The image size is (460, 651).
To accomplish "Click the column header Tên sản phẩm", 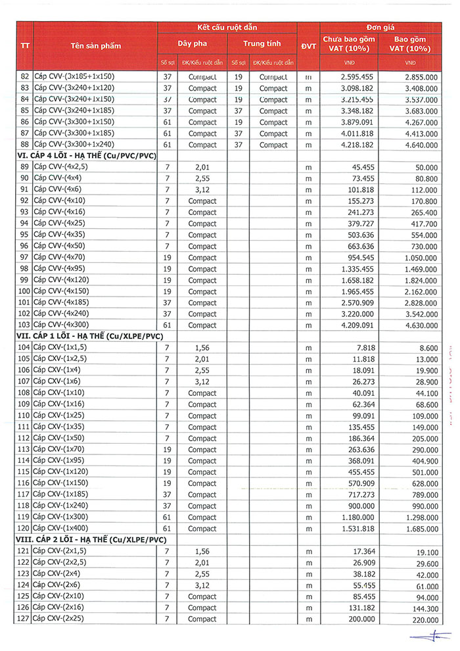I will pos(95,45).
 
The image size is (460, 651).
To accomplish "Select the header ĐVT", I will pos(308,45).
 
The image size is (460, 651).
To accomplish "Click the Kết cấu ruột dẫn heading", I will pos(227,27).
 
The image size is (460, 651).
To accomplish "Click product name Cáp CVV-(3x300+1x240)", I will pos(74,145).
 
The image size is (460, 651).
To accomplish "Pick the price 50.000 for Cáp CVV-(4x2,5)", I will pos(425,167).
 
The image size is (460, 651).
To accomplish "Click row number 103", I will pos(24,325).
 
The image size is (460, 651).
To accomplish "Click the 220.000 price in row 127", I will pos(425,619).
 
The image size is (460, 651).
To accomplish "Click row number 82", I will pos(24,77).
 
